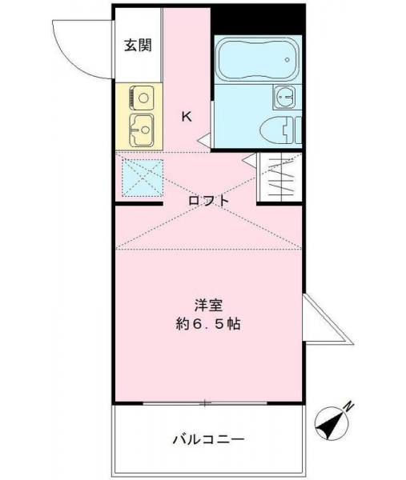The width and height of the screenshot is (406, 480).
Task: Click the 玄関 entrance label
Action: (138, 46)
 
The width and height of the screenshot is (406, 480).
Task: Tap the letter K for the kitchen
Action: (187, 116)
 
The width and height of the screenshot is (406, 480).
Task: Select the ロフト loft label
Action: (209, 201)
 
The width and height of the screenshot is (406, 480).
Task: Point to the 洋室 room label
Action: (209, 305)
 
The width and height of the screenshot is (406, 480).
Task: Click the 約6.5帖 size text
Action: (208, 324)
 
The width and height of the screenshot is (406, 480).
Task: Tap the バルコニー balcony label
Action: (209, 440)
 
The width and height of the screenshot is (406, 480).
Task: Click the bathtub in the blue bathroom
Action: (258, 59)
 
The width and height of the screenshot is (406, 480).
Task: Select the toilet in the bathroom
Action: (281, 130)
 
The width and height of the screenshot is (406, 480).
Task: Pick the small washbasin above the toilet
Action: (284, 97)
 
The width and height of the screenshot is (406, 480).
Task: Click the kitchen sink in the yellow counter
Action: (142, 130)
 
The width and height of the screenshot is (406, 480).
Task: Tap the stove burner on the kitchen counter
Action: (142, 98)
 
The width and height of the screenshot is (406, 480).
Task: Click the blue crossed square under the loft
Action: (143, 178)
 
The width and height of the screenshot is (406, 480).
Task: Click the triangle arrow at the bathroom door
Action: (204, 140)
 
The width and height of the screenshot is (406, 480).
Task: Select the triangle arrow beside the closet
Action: (249, 159)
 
